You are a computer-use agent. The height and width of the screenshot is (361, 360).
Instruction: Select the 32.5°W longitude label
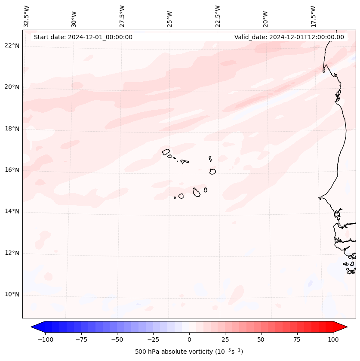click(27, 16)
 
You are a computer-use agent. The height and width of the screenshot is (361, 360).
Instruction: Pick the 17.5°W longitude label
click(314, 16)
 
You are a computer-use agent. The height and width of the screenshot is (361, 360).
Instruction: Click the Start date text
click(83, 37)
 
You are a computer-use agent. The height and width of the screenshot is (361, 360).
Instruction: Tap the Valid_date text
click(289, 37)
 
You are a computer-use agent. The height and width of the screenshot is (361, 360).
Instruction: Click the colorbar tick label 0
click(189, 339)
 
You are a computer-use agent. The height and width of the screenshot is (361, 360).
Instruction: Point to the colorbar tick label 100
click(333, 339)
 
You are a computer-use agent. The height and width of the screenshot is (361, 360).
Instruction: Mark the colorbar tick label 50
click(261, 339)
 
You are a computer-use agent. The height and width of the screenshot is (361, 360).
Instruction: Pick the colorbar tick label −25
click(152, 339)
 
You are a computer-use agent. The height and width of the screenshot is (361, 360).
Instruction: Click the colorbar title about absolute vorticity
click(189, 352)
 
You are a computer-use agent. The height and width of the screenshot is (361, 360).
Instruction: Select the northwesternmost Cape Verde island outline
click(166, 151)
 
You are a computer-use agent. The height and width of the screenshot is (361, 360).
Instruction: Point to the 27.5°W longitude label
click(122, 16)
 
